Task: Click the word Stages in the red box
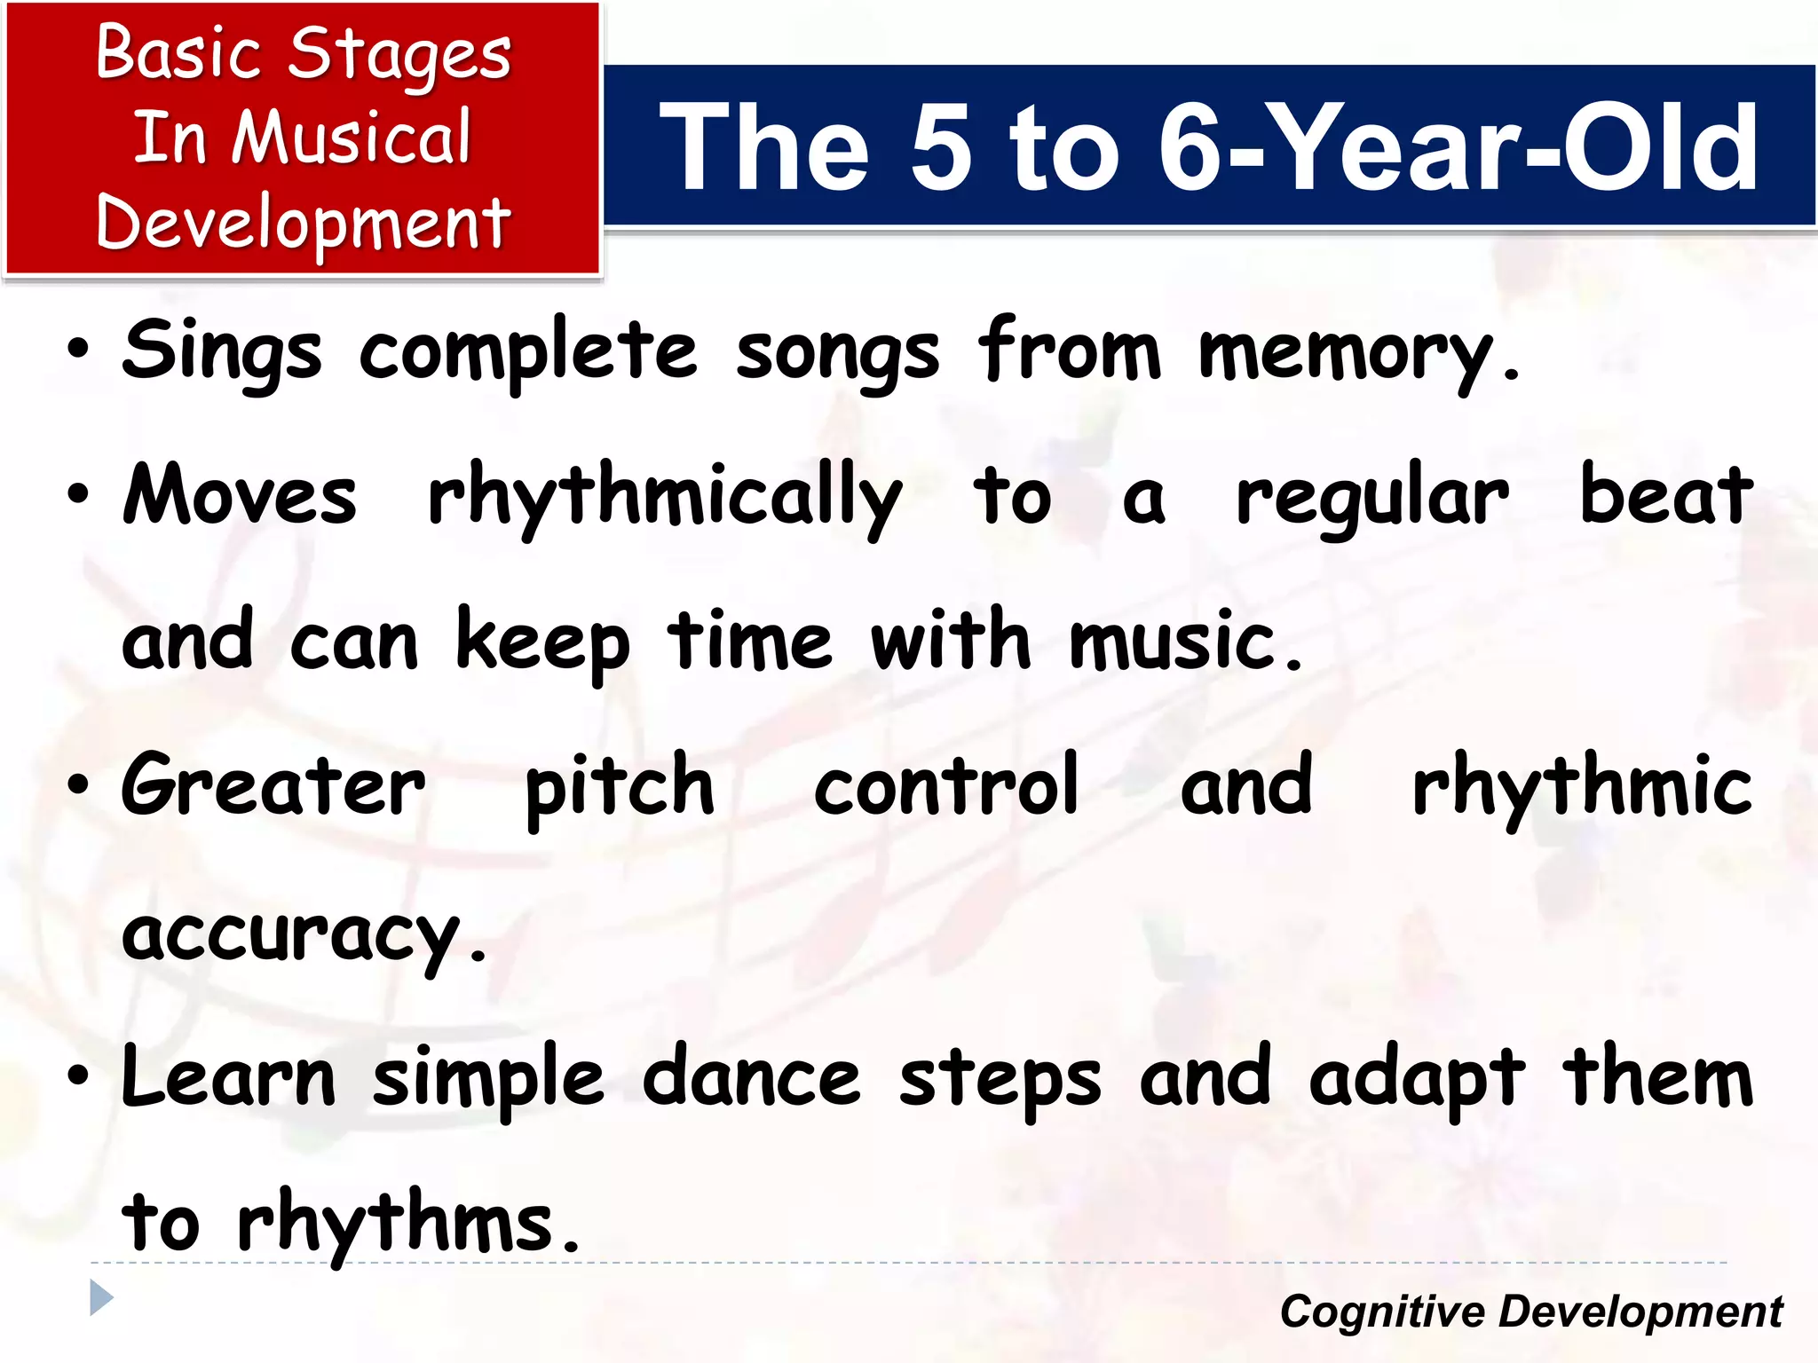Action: point(399,55)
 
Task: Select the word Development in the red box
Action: point(303,224)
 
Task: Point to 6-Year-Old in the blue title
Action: point(1458,147)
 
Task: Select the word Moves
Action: point(240,497)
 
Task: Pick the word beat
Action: point(1665,497)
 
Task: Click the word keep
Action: point(542,643)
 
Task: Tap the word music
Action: point(1185,642)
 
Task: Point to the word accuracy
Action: point(304,936)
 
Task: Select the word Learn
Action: point(228,1078)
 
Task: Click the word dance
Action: point(751,1078)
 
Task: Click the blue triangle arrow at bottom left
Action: point(101,1298)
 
